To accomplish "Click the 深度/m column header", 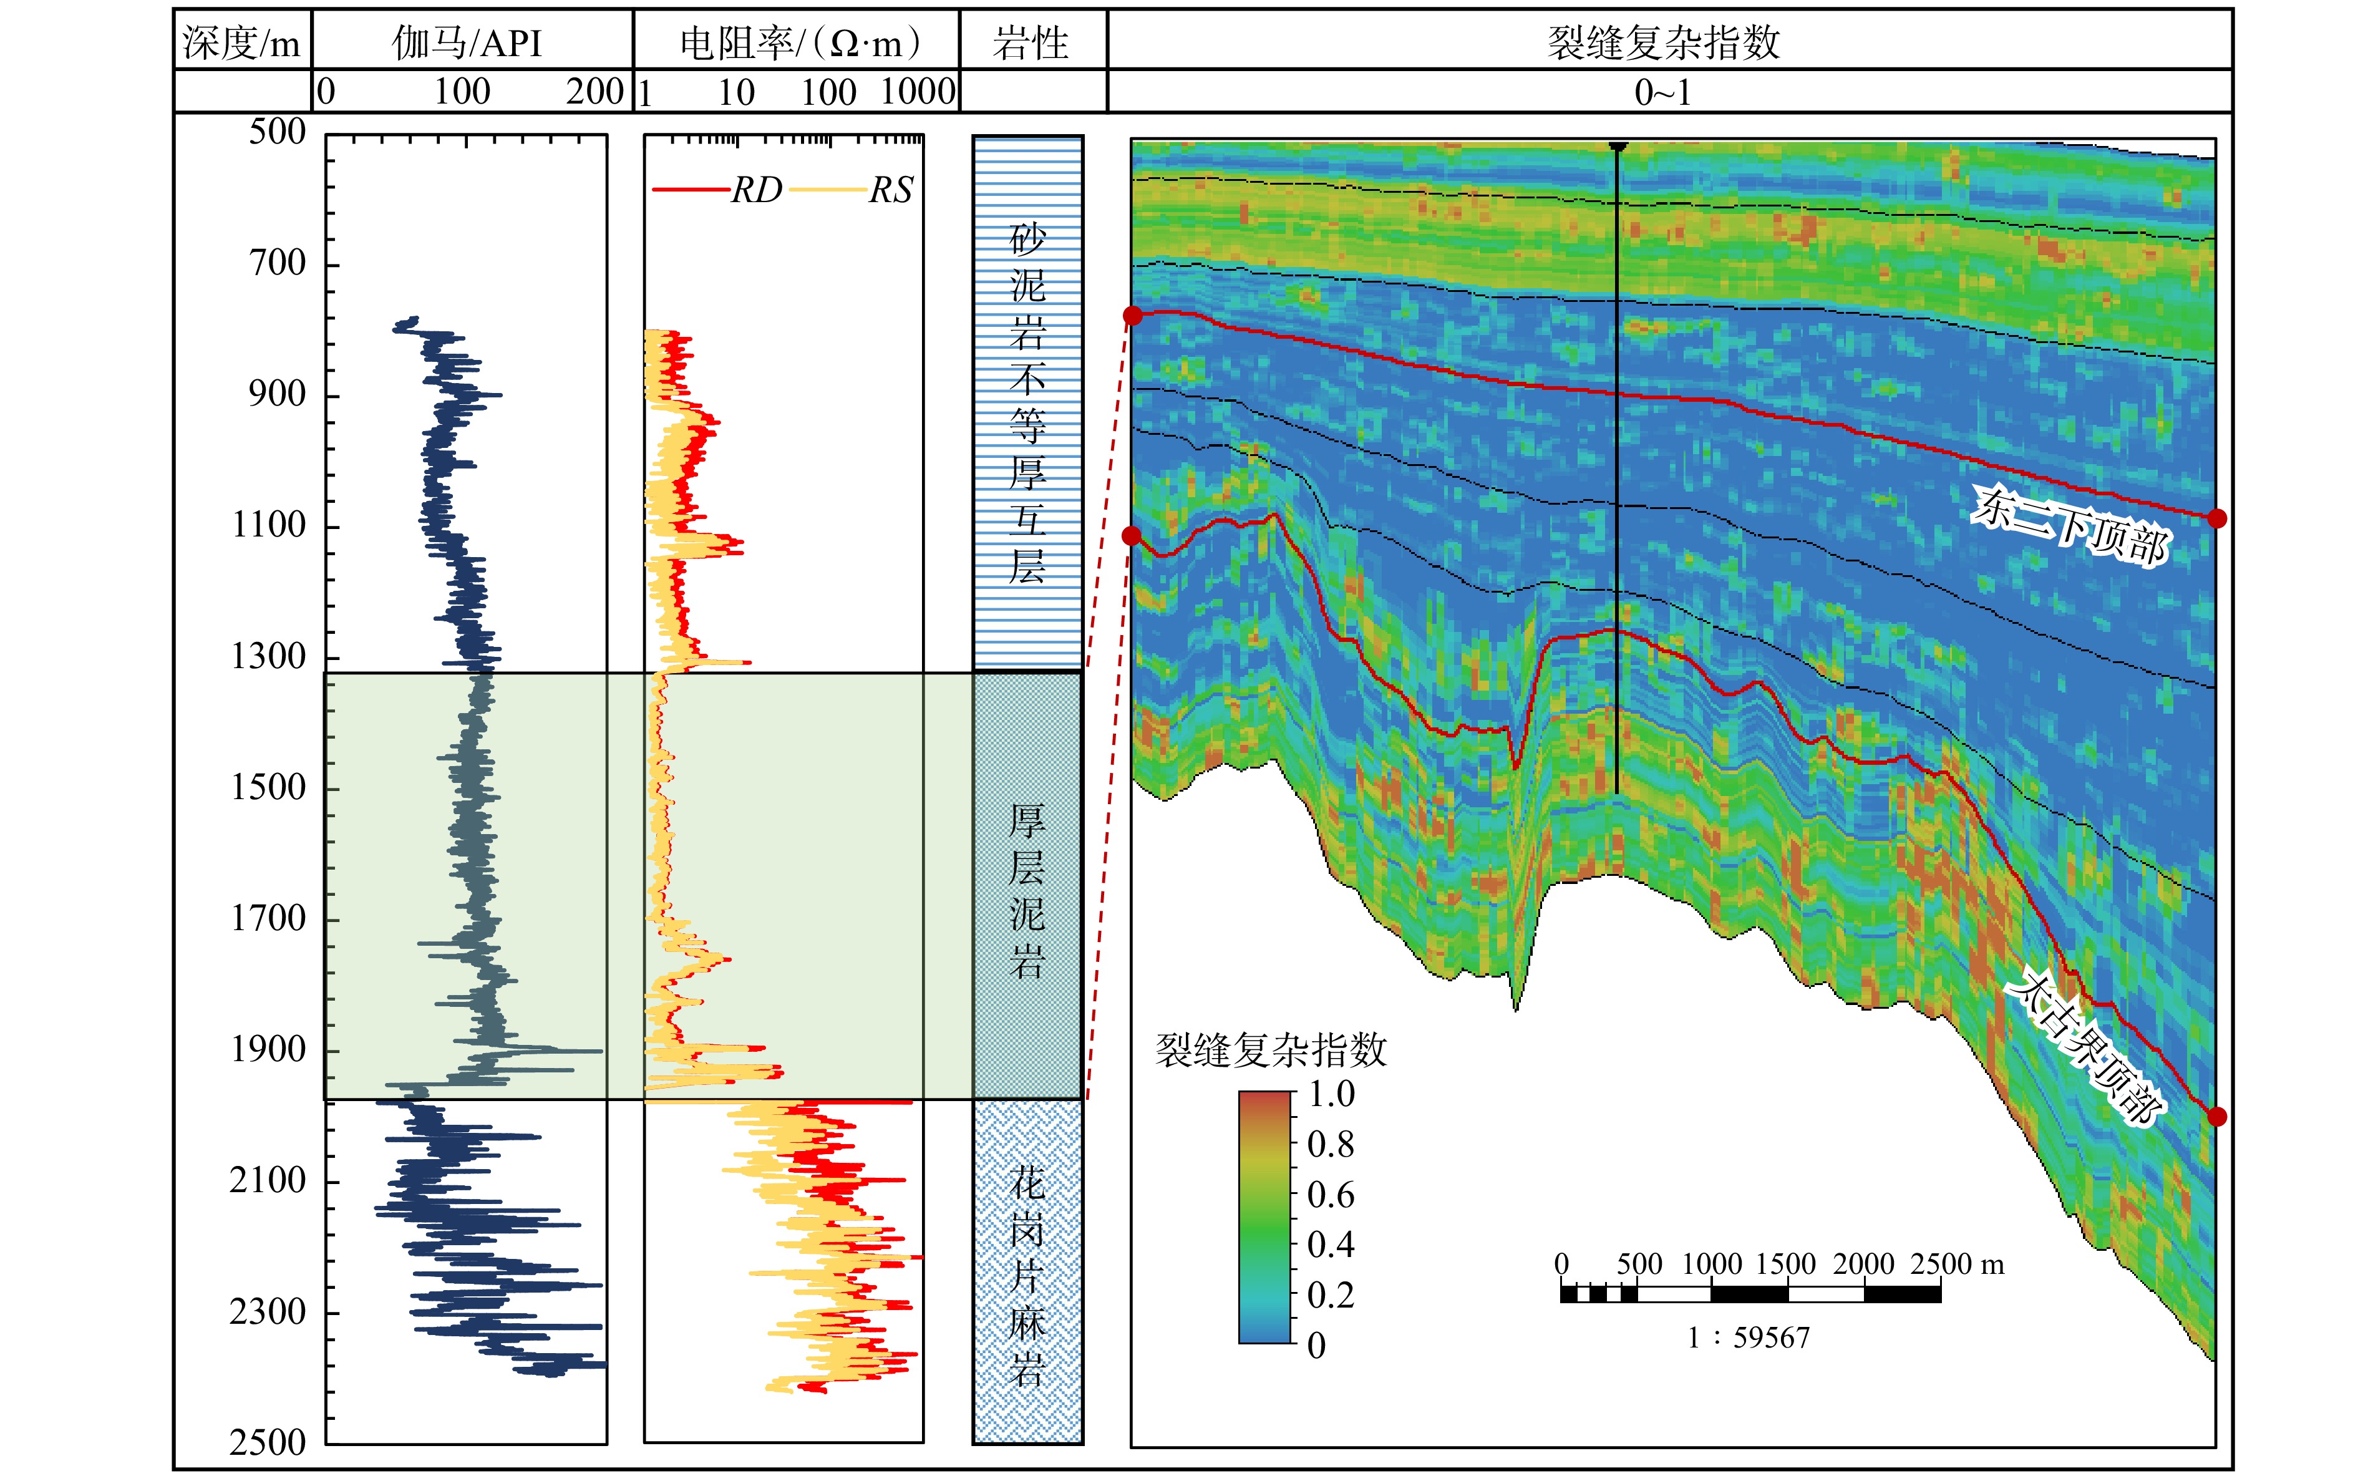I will [241, 43].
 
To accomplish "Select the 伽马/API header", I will [467, 43].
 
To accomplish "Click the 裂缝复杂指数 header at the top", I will [1662, 42].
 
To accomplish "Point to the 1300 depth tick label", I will [268, 656].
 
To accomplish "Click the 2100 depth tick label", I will [268, 1180].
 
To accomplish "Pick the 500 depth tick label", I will [277, 131].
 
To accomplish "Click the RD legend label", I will [757, 190].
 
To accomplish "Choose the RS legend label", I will [891, 190].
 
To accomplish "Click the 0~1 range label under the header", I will [1662, 93].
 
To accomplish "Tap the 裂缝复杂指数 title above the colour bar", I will [1271, 1050].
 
